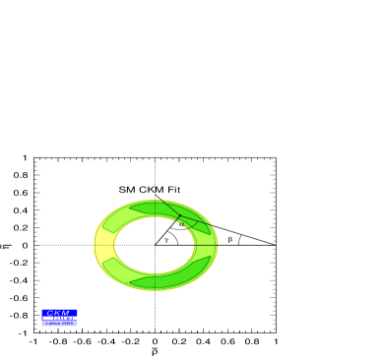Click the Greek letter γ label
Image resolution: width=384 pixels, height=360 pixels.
(x=166, y=240)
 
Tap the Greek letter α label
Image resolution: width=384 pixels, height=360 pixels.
(x=180, y=224)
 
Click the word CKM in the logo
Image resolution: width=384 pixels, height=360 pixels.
(x=58, y=313)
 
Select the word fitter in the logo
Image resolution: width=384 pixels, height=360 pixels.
(x=65, y=318)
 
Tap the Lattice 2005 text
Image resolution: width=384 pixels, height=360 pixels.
(x=59, y=323)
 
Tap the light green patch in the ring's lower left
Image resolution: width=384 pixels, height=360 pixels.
(x=117, y=270)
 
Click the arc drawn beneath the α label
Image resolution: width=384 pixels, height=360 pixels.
(x=181, y=229)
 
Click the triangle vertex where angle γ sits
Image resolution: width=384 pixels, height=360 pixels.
(x=155, y=245)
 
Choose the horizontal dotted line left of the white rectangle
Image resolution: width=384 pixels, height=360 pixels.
(x=123, y=245)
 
